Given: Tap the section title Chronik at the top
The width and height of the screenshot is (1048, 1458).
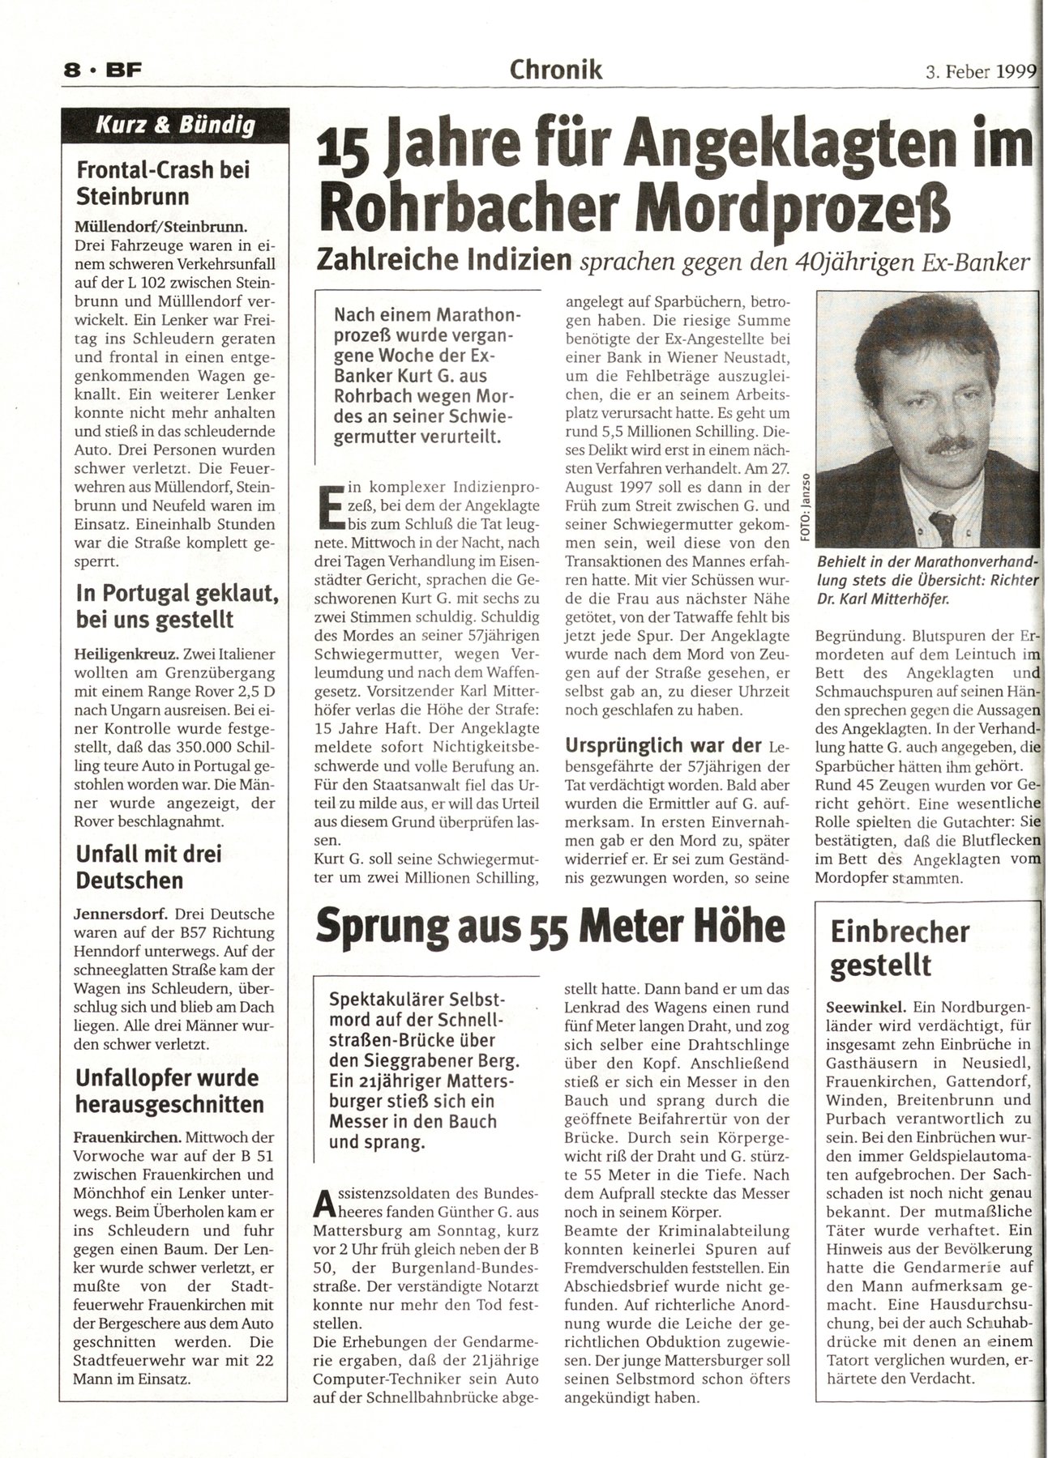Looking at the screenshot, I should point(555,70).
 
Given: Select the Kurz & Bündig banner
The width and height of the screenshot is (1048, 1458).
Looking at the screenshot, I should point(176,126).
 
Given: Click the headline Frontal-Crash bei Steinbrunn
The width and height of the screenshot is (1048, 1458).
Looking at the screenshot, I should point(162,183).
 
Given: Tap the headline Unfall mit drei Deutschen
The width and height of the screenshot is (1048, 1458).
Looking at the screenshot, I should point(148,867).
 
